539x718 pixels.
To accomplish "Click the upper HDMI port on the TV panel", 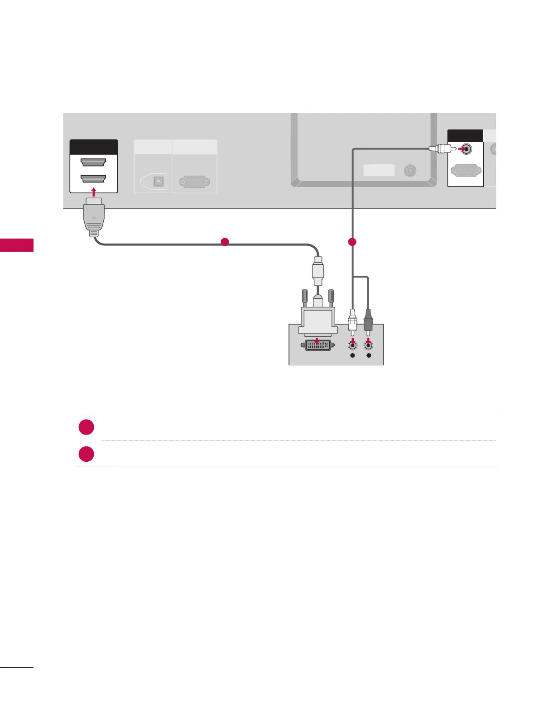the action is (93, 163).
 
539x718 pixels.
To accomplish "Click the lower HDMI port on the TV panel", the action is (93, 179).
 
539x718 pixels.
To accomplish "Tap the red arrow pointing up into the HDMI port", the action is (93, 192).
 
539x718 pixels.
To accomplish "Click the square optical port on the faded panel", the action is (158, 181).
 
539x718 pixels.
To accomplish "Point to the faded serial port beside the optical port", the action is (194, 182).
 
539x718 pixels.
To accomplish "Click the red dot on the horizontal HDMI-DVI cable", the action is (224, 242).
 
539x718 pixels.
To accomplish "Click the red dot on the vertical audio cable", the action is (352, 242).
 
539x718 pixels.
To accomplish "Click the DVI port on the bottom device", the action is (317, 345).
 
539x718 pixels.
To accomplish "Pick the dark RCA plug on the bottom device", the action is (368, 320).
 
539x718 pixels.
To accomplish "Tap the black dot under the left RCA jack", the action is (353, 356).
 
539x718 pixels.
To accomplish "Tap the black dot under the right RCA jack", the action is (369, 356).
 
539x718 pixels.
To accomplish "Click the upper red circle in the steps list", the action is (86, 427).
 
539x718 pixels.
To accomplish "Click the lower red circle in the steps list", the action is (86, 454).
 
